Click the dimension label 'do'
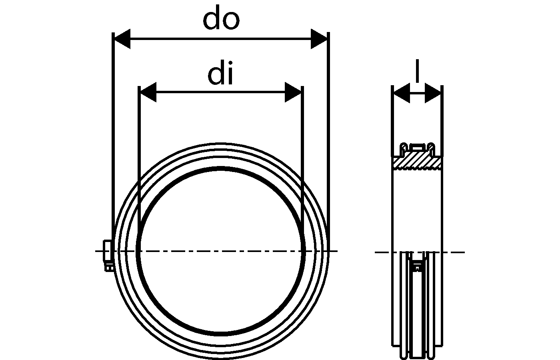[x=221, y=20]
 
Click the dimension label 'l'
[x=417, y=71]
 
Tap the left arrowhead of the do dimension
[x=122, y=39]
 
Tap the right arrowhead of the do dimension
[x=319, y=39]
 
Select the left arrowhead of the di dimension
[x=147, y=92]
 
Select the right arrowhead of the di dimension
[x=293, y=92]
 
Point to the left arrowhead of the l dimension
[x=401, y=93]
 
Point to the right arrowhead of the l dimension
[x=433, y=93]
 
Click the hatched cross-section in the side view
[x=418, y=162]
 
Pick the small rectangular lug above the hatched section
[x=417, y=148]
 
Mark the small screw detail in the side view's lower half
[x=418, y=266]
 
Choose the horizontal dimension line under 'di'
[x=220, y=92]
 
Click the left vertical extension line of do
[x=113, y=120]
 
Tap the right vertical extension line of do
[x=328, y=120]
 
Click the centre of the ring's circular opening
[x=220, y=251]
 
